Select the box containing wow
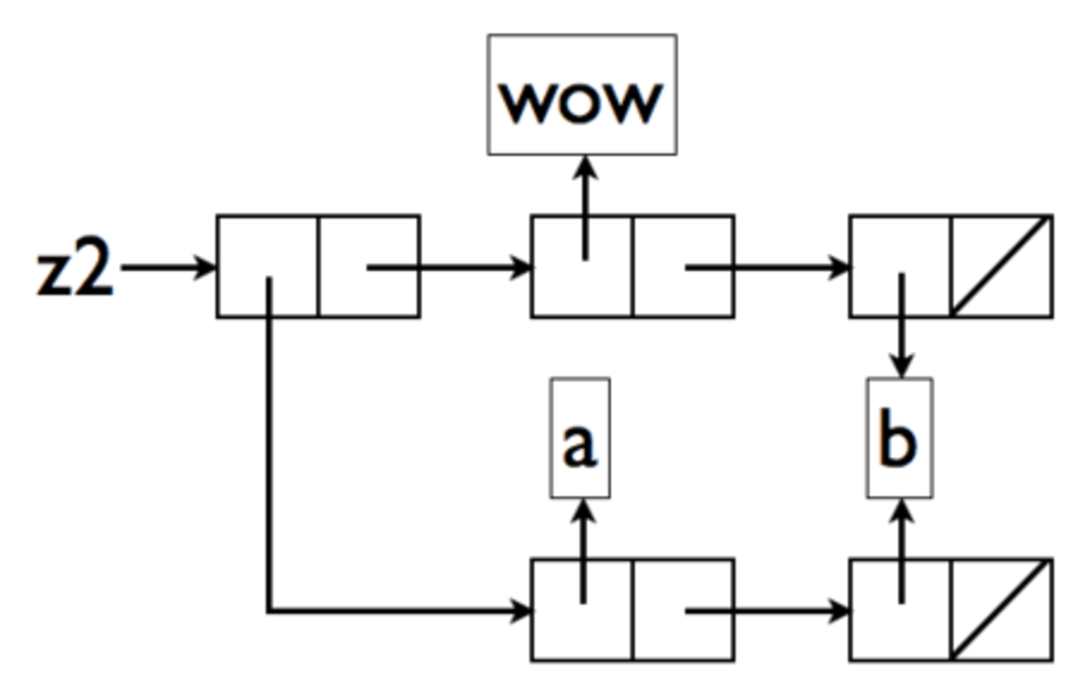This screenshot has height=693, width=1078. pos(581,95)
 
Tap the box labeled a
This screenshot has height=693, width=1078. pos(580,438)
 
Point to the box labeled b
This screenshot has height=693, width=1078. pos(899,438)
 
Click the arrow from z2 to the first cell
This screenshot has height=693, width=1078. pos(166,268)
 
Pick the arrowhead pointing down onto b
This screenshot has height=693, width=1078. pos(901,365)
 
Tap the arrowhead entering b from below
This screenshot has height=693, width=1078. pos(901,510)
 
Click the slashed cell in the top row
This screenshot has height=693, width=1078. pos(1002,266)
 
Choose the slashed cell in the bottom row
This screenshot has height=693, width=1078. pos(1002,610)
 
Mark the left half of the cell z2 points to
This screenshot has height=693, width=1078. pos(268,266)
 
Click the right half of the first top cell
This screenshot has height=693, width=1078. pos(369,266)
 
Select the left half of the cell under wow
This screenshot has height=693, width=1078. pos(581,266)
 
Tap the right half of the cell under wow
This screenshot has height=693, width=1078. pos(682,266)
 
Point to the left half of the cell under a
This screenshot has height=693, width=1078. pos(581,610)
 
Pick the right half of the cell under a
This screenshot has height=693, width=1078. pos(682,610)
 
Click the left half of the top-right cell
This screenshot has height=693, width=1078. pos(901,266)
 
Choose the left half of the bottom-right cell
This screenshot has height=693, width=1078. pos(901,610)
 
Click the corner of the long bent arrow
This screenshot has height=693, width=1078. pos(269,612)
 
